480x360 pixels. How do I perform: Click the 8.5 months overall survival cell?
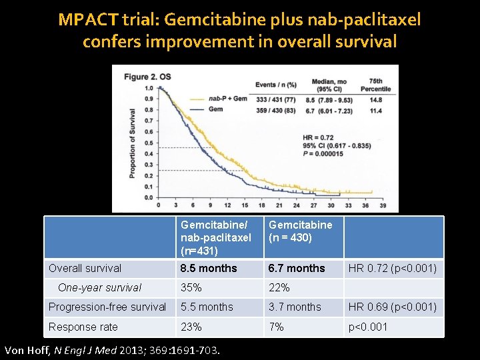click(x=209, y=268)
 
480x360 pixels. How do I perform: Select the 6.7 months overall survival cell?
click(x=297, y=268)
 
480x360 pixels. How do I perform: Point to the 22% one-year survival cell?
click(x=279, y=288)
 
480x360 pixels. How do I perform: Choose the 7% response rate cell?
click(x=276, y=327)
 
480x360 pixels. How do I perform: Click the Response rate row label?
click(x=83, y=327)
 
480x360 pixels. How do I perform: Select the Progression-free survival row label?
click(x=107, y=307)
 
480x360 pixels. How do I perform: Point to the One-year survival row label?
click(x=99, y=288)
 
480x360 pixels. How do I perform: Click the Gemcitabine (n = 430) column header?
click(x=300, y=231)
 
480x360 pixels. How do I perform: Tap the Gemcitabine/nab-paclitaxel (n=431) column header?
click(x=216, y=237)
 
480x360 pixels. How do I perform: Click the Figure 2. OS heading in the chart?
click(x=147, y=77)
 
